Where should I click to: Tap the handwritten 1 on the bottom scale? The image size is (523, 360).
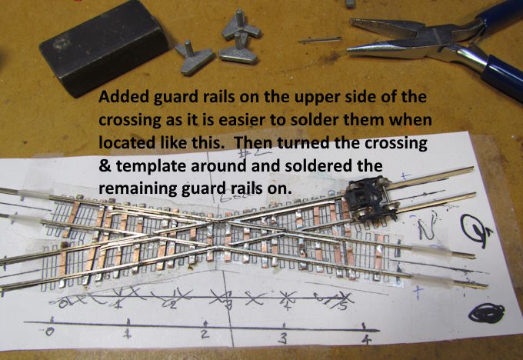[128, 335]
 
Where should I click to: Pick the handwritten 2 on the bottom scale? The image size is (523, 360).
[205, 335]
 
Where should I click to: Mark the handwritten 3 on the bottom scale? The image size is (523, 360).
[283, 338]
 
